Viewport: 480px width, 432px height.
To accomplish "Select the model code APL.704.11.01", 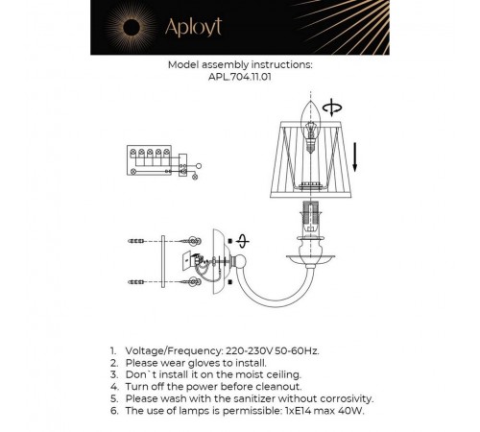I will (240, 80).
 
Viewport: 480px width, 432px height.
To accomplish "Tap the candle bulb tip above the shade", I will (310, 104).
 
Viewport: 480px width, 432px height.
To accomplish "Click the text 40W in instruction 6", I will (359, 409).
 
